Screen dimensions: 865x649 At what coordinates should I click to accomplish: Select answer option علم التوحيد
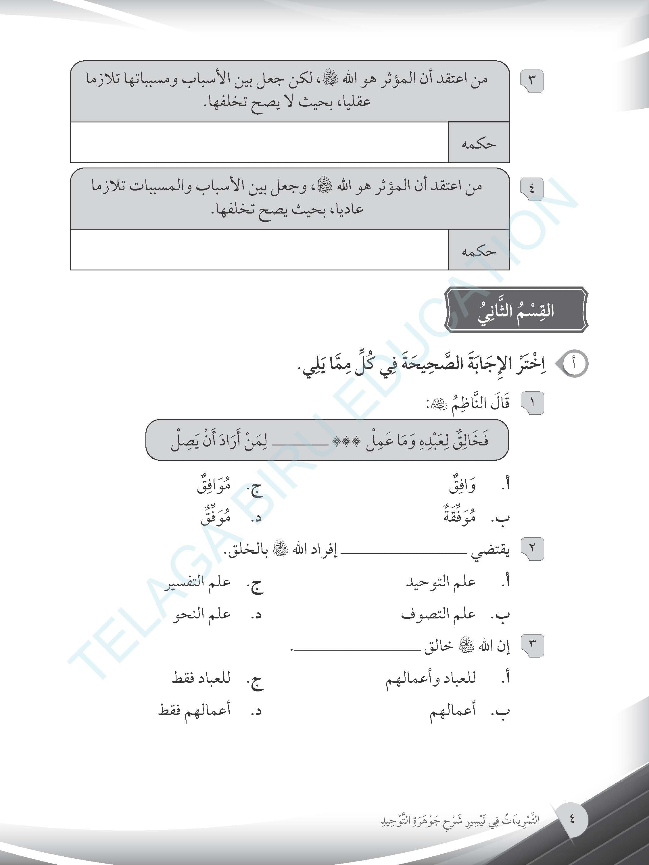(x=441, y=582)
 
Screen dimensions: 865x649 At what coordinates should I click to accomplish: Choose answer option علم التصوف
(x=438, y=614)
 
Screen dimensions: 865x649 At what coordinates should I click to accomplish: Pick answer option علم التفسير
(x=197, y=582)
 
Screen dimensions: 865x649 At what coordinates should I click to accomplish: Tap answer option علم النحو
(x=201, y=614)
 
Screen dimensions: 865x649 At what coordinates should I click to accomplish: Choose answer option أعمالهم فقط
(x=194, y=710)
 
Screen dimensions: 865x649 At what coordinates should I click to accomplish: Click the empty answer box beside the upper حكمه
(x=259, y=142)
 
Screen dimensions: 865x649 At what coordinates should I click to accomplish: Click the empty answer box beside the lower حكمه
(x=259, y=249)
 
